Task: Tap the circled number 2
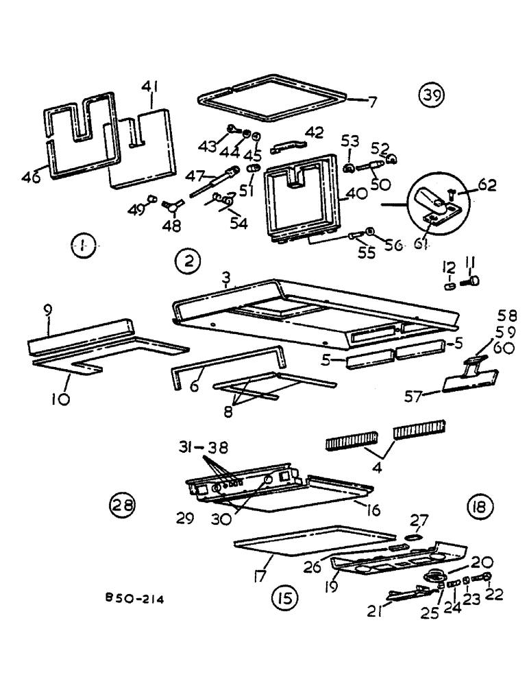[x=188, y=261]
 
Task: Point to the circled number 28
[x=122, y=506]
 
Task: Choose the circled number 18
[x=478, y=508]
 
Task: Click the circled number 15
[x=284, y=598]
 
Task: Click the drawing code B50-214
[x=134, y=599]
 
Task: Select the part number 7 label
[x=372, y=102]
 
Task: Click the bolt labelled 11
[x=473, y=280]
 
